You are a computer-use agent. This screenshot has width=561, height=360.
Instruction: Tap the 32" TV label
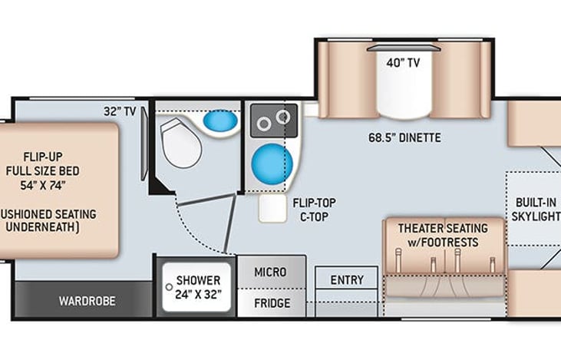click(x=120, y=111)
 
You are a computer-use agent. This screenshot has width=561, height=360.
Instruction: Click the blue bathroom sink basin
click(x=221, y=121)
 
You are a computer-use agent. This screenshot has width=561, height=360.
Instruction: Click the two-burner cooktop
click(x=274, y=121)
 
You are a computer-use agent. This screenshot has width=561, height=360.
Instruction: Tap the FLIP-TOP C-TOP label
click(x=313, y=210)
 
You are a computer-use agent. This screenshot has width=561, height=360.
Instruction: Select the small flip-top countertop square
click(x=272, y=208)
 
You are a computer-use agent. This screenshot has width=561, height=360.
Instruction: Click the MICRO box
click(x=271, y=272)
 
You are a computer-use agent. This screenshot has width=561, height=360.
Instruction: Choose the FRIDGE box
click(x=272, y=303)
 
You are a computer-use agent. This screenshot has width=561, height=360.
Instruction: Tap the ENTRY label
click(x=346, y=280)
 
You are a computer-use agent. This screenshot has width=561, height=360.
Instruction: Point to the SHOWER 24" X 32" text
click(x=198, y=287)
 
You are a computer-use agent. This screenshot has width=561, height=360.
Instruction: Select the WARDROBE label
click(x=87, y=300)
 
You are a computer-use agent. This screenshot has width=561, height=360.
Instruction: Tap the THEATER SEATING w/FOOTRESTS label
click(x=442, y=235)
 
